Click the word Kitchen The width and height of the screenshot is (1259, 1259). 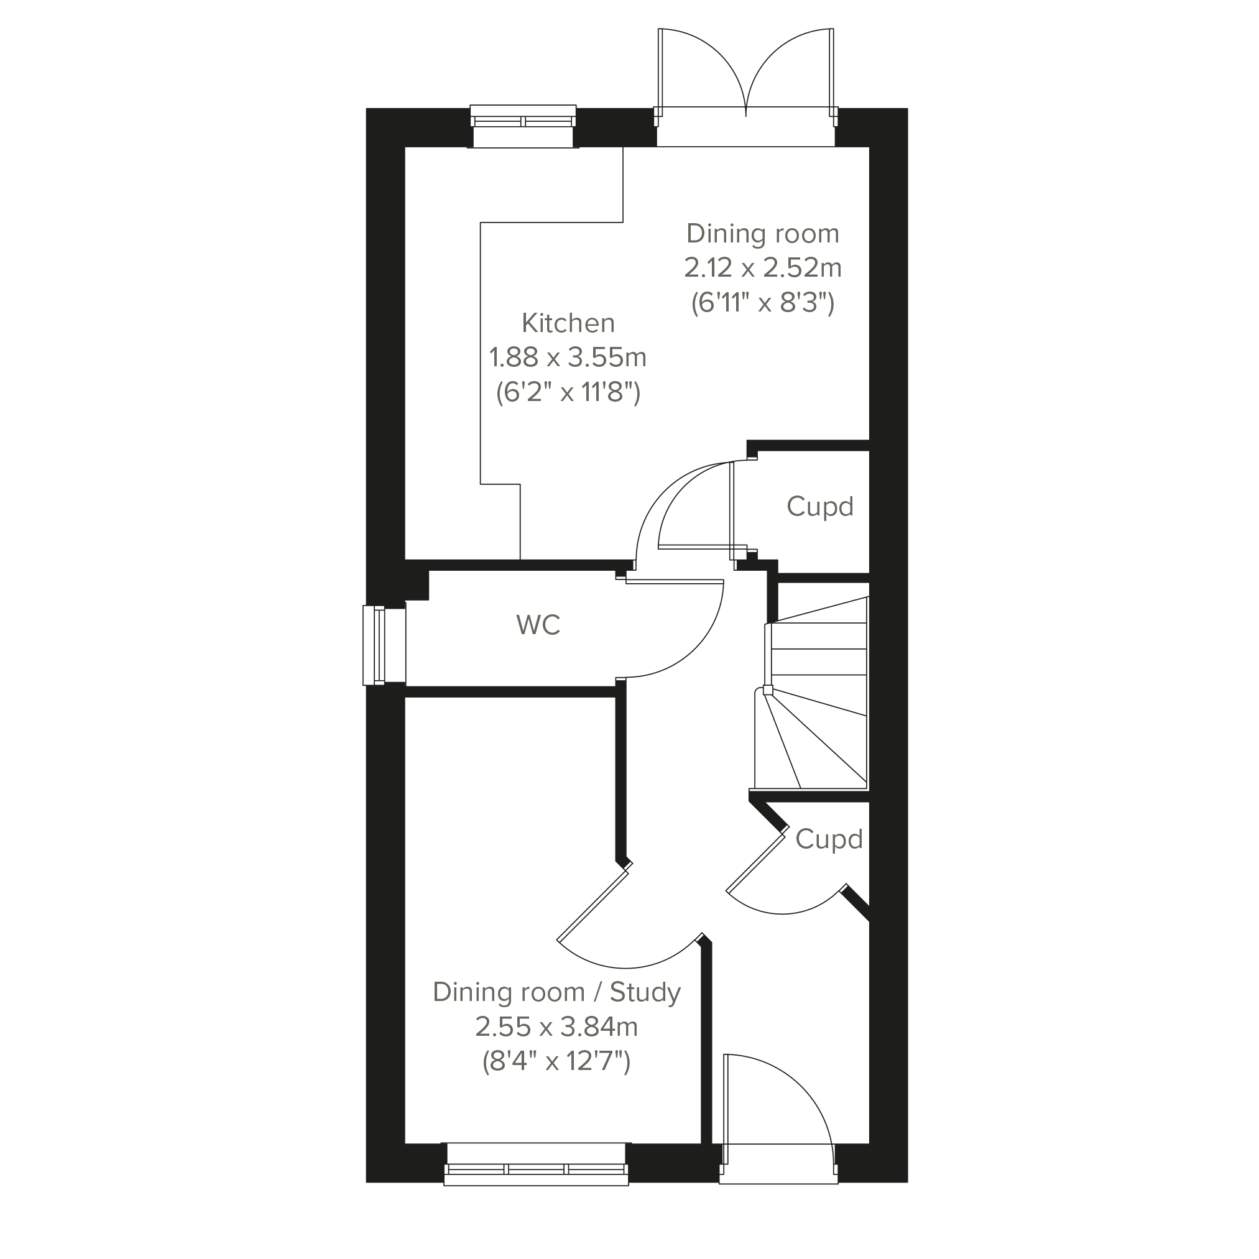tap(568, 323)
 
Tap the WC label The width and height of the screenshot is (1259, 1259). tap(538, 625)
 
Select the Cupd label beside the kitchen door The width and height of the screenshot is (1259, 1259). tap(820, 507)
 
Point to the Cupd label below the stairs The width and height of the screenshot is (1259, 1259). tap(829, 839)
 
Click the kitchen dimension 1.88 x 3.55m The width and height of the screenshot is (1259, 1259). tap(568, 357)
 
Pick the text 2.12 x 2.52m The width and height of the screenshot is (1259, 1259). tap(762, 268)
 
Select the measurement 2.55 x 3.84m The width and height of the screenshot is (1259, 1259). tap(556, 1027)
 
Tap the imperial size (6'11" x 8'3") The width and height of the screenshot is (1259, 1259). tap(762, 303)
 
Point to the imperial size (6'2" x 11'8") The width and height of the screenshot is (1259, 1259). tap(568, 392)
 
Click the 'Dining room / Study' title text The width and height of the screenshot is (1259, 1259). tap(556, 992)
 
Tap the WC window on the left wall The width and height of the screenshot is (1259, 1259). tap(384, 645)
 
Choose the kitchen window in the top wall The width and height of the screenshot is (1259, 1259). tap(523, 126)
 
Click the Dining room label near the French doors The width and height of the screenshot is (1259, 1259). tap(762, 233)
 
